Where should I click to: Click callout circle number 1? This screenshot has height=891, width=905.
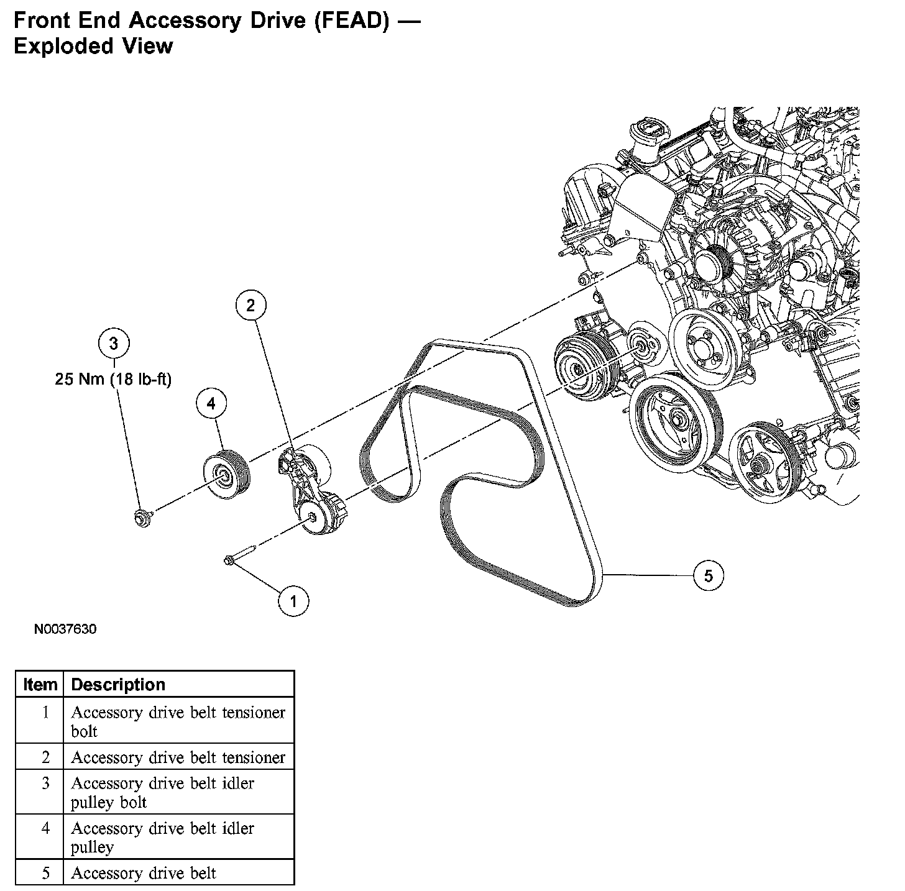[x=293, y=601]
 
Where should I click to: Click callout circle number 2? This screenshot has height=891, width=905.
[x=250, y=305]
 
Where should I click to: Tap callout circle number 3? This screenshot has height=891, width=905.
[x=114, y=343]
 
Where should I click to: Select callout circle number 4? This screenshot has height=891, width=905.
[x=211, y=404]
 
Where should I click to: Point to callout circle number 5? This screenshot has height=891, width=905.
[x=709, y=576]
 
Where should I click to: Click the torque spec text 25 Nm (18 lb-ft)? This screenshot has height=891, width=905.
[x=113, y=379]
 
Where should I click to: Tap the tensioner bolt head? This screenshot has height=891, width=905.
[x=229, y=561]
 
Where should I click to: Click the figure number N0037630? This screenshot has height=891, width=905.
[x=65, y=629]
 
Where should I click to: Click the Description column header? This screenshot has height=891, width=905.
[x=118, y=685]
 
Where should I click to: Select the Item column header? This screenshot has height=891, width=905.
[x=40, y=685]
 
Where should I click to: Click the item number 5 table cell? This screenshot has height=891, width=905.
[x=45, y=873]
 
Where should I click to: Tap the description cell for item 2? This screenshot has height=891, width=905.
[x=178, y=757]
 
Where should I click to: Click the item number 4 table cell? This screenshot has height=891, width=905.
[x=45, y=828]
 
